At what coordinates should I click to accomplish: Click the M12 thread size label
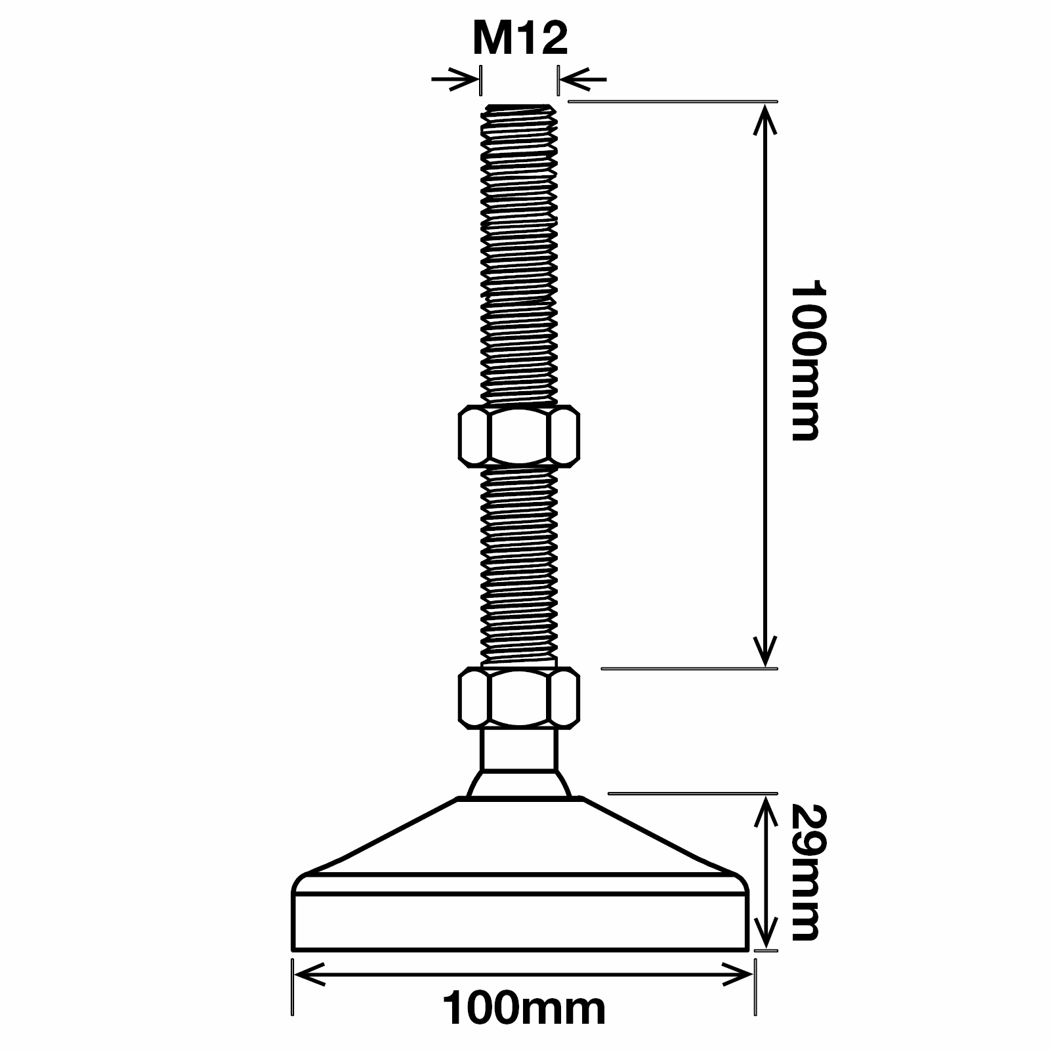click(519, 39)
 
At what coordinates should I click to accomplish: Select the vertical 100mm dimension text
click(805, 362)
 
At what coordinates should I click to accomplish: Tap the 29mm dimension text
click(805, 872)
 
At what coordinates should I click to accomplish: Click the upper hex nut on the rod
click(519, 436)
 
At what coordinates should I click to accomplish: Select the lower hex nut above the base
click(519, 697)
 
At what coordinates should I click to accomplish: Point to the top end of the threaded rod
click(519, 109)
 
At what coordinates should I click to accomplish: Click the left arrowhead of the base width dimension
click(308, 975)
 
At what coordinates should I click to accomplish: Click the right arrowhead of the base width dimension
click(738, 975)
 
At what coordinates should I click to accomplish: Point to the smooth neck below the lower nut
click(519, 749)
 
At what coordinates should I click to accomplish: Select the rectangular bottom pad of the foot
click(519, 921)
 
